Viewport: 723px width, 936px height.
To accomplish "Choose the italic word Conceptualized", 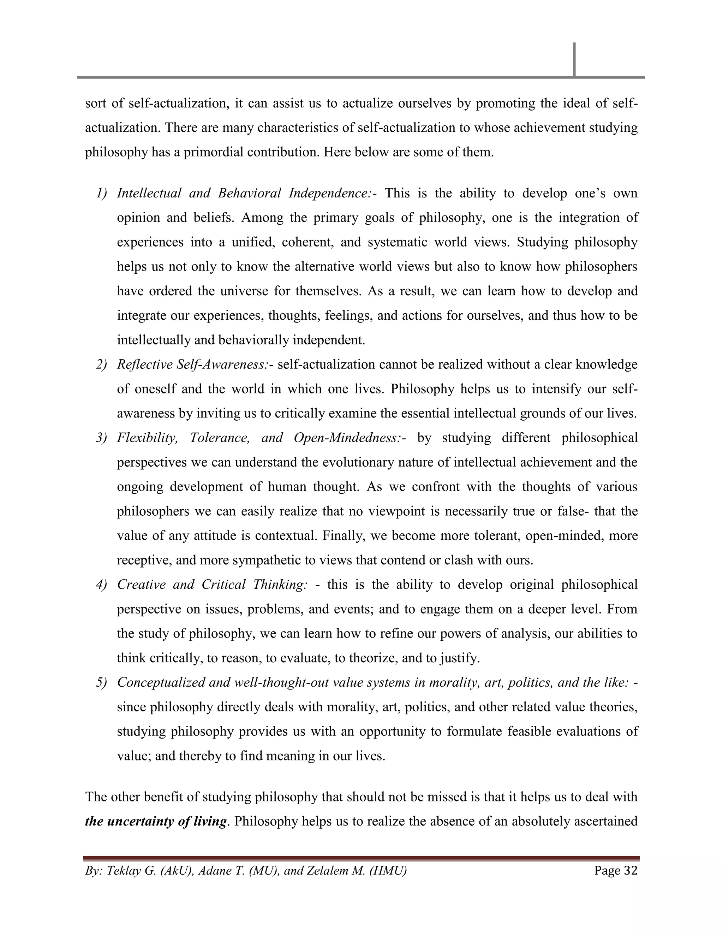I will [161, 682].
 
